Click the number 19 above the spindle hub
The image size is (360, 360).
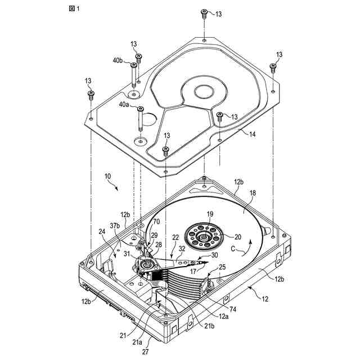coord(210,214)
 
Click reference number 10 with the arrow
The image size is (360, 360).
coord(107,177)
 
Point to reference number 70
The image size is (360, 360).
coord(156,222)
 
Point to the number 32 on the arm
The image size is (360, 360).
coord(182,249)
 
